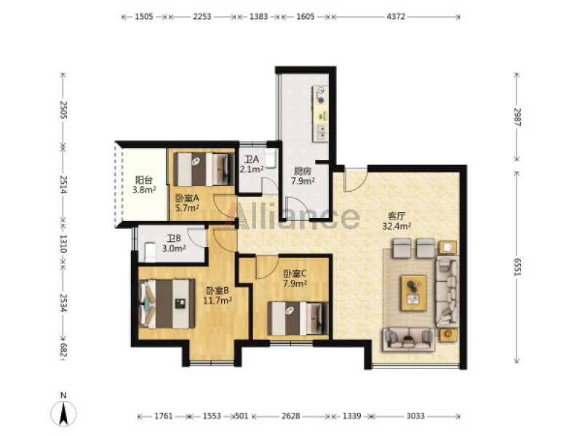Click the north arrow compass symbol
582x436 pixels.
(63, 413)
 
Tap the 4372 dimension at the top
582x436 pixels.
(396, 17)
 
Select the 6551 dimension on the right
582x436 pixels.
(517, 267)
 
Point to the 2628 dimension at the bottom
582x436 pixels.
(290, 416)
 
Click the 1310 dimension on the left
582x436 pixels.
(63, 243)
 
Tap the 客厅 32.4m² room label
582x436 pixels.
(396, 221)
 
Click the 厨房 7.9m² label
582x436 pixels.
(303, 176)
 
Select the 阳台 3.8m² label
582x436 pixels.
(144, 185)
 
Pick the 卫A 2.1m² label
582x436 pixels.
(251, 164)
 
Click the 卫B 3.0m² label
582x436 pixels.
(174, 243)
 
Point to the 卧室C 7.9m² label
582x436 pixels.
(295, 279)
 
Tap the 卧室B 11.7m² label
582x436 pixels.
(218, 296)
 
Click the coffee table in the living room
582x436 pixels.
(413, 293)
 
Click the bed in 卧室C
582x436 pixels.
(298, 318)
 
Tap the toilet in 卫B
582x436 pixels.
(150, 251)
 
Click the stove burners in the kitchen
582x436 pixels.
(320, 95)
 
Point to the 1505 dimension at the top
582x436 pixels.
(144, 17)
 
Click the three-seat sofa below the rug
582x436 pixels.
(409, 339)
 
